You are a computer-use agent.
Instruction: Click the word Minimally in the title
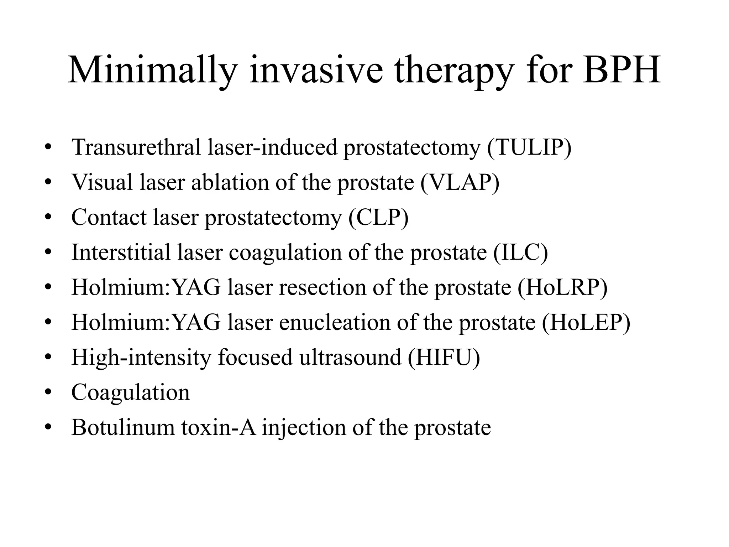click(152, 70)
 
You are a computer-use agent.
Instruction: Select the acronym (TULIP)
click(529, 147)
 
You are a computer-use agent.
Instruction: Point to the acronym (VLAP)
click(460, 182)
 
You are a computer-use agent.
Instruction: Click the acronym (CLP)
click(378, 217)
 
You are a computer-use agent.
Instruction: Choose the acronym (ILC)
click(520, 252)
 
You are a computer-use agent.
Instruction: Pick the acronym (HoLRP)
click(562, 287)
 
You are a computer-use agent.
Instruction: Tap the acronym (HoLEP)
click(586, 322)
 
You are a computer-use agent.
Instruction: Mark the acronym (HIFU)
click(444, 357)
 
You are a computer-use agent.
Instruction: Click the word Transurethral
click(136, 147)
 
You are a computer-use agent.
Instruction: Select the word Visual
click(102, 182)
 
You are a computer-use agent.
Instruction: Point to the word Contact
click(109, 217)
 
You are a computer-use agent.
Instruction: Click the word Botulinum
click(123, 427)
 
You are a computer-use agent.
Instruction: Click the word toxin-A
click(219, 427)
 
